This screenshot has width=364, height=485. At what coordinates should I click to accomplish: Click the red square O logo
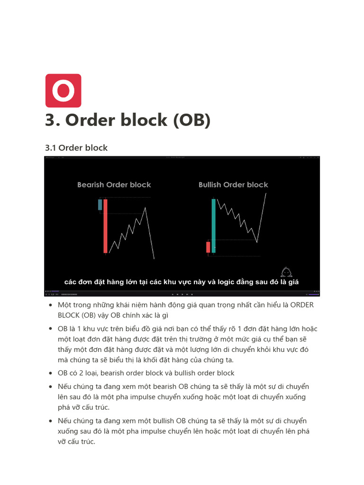pos(63,90)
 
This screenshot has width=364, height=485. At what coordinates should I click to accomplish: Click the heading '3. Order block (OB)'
pos(127,120)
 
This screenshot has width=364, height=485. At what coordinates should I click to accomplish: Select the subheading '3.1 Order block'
pos(76,148)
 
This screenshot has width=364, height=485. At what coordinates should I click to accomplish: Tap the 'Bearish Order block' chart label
pos(114,185)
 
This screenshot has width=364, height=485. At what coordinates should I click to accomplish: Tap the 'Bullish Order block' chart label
pos(233,185)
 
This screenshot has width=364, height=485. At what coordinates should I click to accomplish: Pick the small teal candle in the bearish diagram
pos(100,205)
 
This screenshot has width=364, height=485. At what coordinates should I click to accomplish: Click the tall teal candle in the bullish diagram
pos(213,225)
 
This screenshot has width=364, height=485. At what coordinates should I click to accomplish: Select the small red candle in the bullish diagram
pos(208,247)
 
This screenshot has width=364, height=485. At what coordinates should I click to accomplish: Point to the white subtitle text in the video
pos(182,282)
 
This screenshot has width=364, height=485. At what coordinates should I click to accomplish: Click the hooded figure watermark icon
pos(286,272)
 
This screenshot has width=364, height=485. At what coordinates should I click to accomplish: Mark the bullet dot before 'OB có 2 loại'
pos(51,373)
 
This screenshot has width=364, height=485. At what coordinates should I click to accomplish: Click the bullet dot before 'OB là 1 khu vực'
pos(51,329)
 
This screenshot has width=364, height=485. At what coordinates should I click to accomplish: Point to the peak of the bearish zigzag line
pos(145,207)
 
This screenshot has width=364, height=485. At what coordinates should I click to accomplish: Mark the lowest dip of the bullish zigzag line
pos(257,242)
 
